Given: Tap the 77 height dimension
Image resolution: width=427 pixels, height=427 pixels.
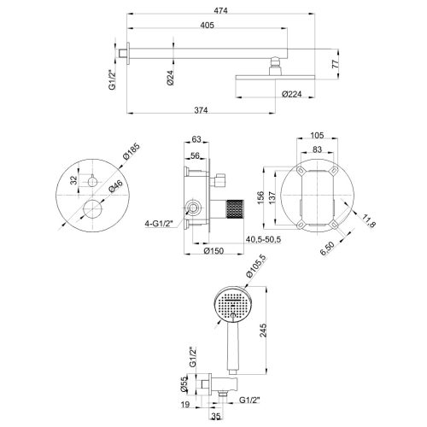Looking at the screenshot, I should click(336, 62).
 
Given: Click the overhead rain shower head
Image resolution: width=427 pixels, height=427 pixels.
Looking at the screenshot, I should click(274, 76).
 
